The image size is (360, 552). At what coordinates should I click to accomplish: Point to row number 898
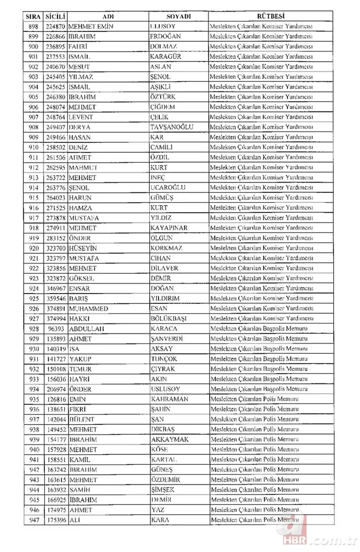point(33,26)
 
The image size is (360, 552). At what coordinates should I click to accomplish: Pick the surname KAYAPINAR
point(168,228)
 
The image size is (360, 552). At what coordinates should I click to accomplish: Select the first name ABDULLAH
point(87,328)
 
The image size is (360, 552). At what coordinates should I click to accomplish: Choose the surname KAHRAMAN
point(169,399)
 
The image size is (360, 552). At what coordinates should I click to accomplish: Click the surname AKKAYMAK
point(170,439)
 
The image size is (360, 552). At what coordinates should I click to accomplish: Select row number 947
point(33,520)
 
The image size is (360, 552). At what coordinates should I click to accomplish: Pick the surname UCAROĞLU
point(170,187)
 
